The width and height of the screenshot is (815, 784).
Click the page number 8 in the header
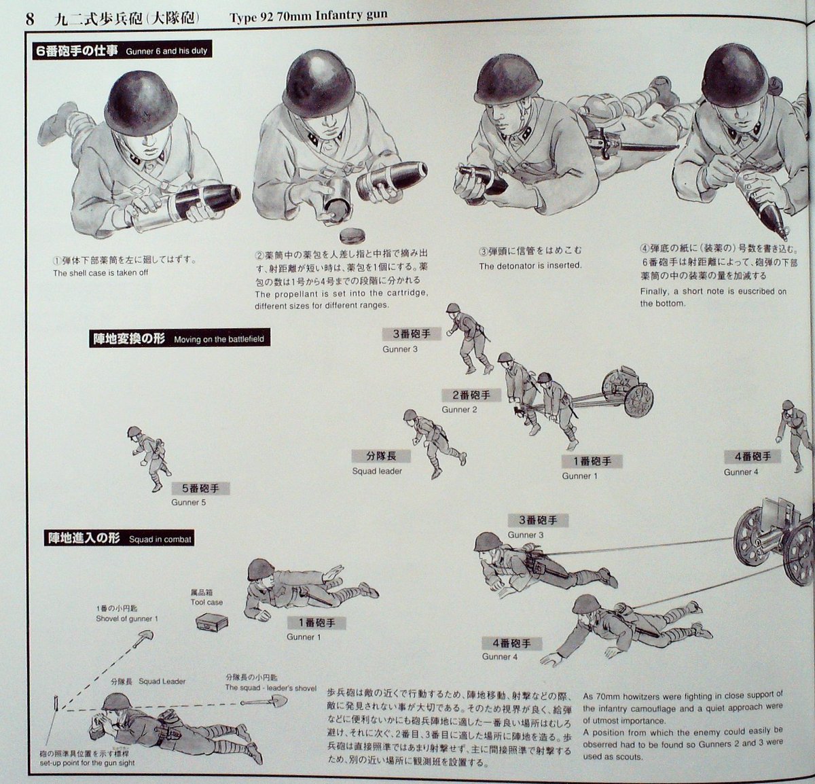pos(29,18)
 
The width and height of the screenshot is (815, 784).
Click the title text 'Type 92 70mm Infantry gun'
pos(308,16)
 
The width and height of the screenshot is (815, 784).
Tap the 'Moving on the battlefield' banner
pos(179,338)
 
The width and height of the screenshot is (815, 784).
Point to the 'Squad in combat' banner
pos(120,539)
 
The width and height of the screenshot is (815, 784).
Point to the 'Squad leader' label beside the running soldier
pos(377,471)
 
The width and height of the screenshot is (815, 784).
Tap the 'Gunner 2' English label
pos(459,410)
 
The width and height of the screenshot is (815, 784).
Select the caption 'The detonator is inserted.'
pos(530,266)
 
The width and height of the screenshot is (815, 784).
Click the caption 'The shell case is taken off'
pos(101,273)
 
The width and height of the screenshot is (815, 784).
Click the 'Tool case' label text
pos(206,602)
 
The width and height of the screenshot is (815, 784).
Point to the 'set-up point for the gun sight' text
pos(86,763)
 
